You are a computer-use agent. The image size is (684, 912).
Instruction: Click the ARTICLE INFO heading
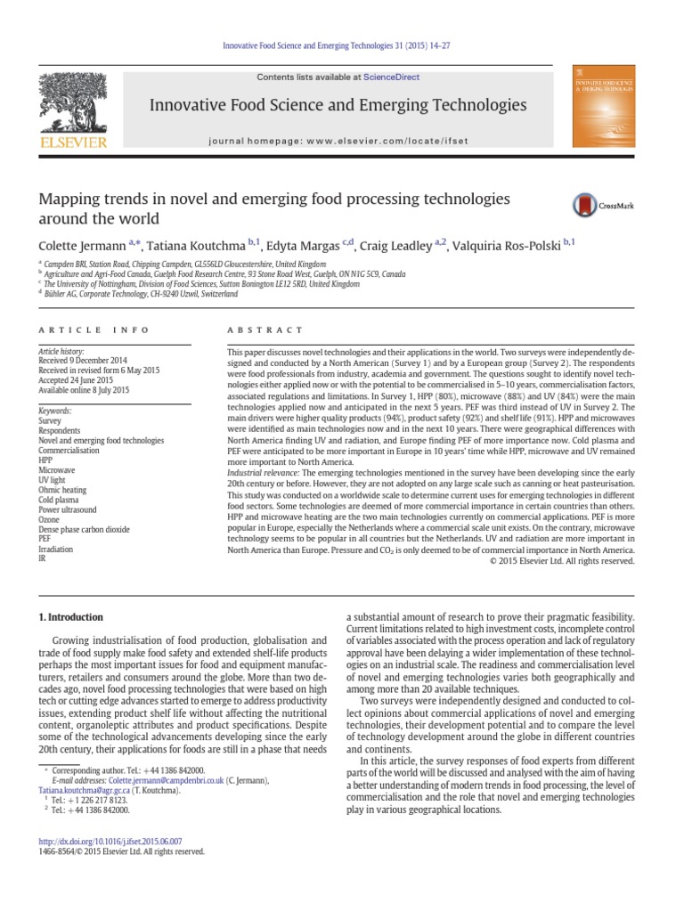tap(94, 330)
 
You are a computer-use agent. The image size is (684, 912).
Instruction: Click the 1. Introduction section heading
tap(70, 616)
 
